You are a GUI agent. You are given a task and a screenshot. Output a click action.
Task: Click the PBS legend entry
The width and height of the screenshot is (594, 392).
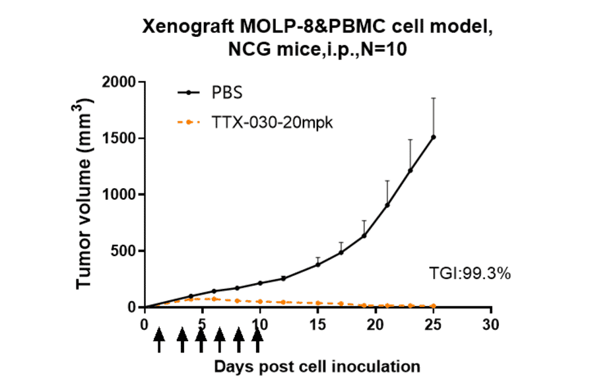click(225, 92)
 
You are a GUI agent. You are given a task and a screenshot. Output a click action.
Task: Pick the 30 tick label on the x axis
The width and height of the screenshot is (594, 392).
click(489, 324)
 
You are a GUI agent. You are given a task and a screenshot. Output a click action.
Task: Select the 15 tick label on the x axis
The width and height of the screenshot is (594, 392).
click(317, 324)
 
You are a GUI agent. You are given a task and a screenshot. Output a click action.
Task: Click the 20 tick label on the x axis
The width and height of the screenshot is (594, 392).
click(375, 324)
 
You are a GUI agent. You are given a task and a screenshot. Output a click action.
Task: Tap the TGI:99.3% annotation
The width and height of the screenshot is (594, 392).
click(469, 273)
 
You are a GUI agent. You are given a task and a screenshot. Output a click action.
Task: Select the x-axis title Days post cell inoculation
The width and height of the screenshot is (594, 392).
click(317, 366)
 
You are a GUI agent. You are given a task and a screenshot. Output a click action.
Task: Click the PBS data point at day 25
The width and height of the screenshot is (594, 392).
click(433, 137)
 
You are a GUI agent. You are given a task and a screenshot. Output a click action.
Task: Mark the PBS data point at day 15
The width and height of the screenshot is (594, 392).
click(317, 264)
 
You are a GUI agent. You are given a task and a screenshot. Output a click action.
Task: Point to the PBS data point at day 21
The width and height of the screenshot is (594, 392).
click(387, 205)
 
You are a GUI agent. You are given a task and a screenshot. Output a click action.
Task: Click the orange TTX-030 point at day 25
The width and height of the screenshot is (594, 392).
click(433, 306)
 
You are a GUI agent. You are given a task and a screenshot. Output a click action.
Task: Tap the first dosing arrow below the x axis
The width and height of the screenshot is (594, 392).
click(158, 341)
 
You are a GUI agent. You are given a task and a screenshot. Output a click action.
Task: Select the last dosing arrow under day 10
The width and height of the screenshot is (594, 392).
click(258, 341)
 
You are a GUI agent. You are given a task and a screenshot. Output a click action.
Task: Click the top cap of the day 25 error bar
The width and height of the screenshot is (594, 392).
click(433, 98)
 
